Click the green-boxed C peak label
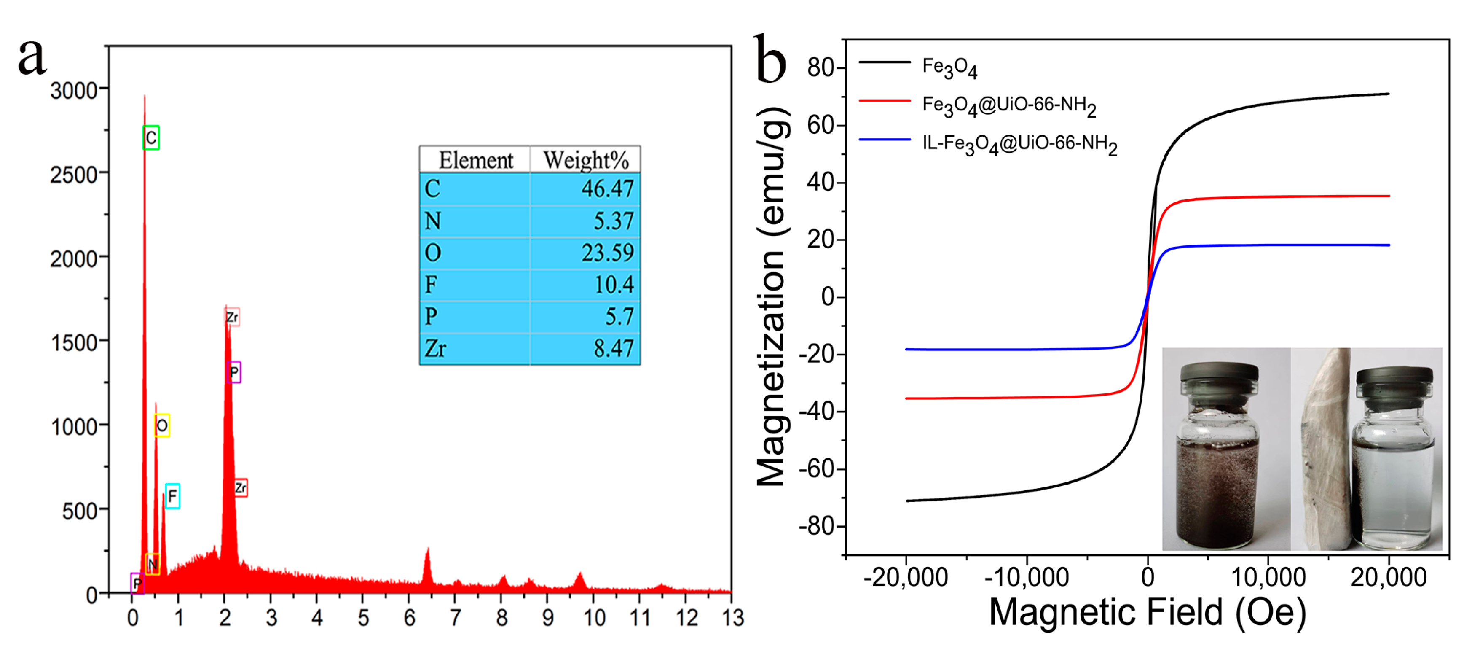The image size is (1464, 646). click(150, 137)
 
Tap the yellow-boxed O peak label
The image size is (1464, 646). click(162, 425)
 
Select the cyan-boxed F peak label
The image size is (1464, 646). click(172, 496)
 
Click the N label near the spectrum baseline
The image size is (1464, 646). click(152, 564)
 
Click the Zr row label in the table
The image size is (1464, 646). click(435, 348)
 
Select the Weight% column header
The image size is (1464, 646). click(585, 160)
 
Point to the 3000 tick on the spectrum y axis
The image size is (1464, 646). click(74, 90)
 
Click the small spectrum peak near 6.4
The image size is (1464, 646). click(427, 563)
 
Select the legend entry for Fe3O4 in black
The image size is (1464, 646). click(949, 67)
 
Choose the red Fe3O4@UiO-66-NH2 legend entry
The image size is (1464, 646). click(1009, 106)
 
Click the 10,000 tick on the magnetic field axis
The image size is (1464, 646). click(1268, 578)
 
